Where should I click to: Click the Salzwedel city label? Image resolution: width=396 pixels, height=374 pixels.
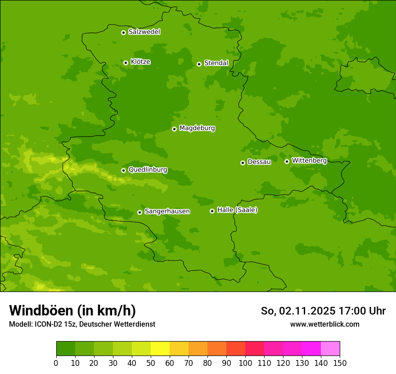pyautogui.click(x=144, y=32)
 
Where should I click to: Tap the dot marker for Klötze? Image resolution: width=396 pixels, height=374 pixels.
pyautogui.click(x=126, y=63)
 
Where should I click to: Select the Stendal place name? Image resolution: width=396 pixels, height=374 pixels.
pyautogui.click(x=216, y=63)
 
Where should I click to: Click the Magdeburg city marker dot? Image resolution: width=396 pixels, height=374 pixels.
pyautogui.click(x=174, y=129)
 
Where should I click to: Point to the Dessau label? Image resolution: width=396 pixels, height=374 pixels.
pyautogui.click(x=259, y=162)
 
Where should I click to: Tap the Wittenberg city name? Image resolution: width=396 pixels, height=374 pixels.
pyautogui.click(x=309, y=160)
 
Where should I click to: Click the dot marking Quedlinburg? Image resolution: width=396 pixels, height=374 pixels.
pyautogui.click(x=123, y=170)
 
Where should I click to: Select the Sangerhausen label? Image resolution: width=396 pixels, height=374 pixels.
pyautogui.click(x=167, y=211)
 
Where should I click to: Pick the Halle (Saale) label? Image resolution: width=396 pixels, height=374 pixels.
pyautogui.click(x=237, y=210)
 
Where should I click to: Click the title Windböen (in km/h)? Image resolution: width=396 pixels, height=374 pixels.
pyautogui.click(x=72, y=310)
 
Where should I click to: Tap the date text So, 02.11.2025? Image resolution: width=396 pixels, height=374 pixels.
pyautogui.click(x=298, y=311)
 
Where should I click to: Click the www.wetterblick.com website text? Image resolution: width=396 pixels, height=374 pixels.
pyautogui.click(x=324, y=324)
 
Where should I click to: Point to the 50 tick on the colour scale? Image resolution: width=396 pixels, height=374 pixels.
pyautogui.click(x=150, y=363)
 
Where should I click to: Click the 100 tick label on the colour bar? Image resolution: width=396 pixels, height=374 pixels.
pyautogui.click(x=245, y=363)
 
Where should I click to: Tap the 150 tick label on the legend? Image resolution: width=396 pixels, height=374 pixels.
pyautogui.click(x=340, y=363)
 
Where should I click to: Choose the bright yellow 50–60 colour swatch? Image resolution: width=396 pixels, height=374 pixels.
pyautogui.click(x=160, y=349)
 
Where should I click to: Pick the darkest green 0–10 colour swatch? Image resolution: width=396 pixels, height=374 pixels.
pyautogui.click(x=65, y=349)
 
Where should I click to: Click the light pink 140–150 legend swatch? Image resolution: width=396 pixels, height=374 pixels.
pyautogui.click(x=330, y=349)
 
